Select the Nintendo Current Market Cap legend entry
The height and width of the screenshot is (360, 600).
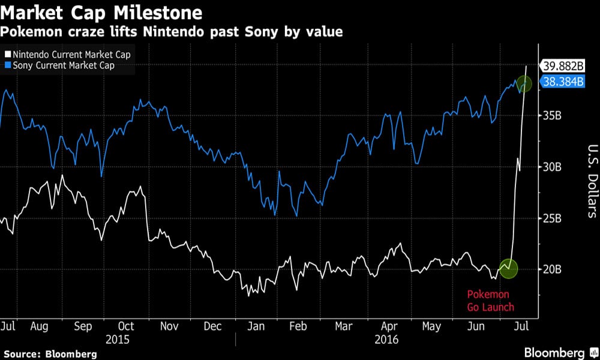click(x=67, y=55)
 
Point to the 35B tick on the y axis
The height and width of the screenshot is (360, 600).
click(x=552, y=116)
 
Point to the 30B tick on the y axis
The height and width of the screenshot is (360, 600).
click(x=552, y=167)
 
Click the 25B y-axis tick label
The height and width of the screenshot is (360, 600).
click(x=552, y=218)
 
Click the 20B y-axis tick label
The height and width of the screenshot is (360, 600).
click(x=552, y=269)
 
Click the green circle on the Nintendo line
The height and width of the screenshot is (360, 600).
click(x=508, y=268)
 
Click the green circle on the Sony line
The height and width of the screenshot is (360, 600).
click(x=523, y=85)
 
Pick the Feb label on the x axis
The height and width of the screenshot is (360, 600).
click(x=298, y=326)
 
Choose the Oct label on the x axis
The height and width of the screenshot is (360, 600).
click(x=126, y=326)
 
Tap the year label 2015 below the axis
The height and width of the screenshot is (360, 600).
click(x=118, y=339)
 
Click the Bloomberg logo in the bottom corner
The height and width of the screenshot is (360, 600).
click(x=557, y=352)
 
